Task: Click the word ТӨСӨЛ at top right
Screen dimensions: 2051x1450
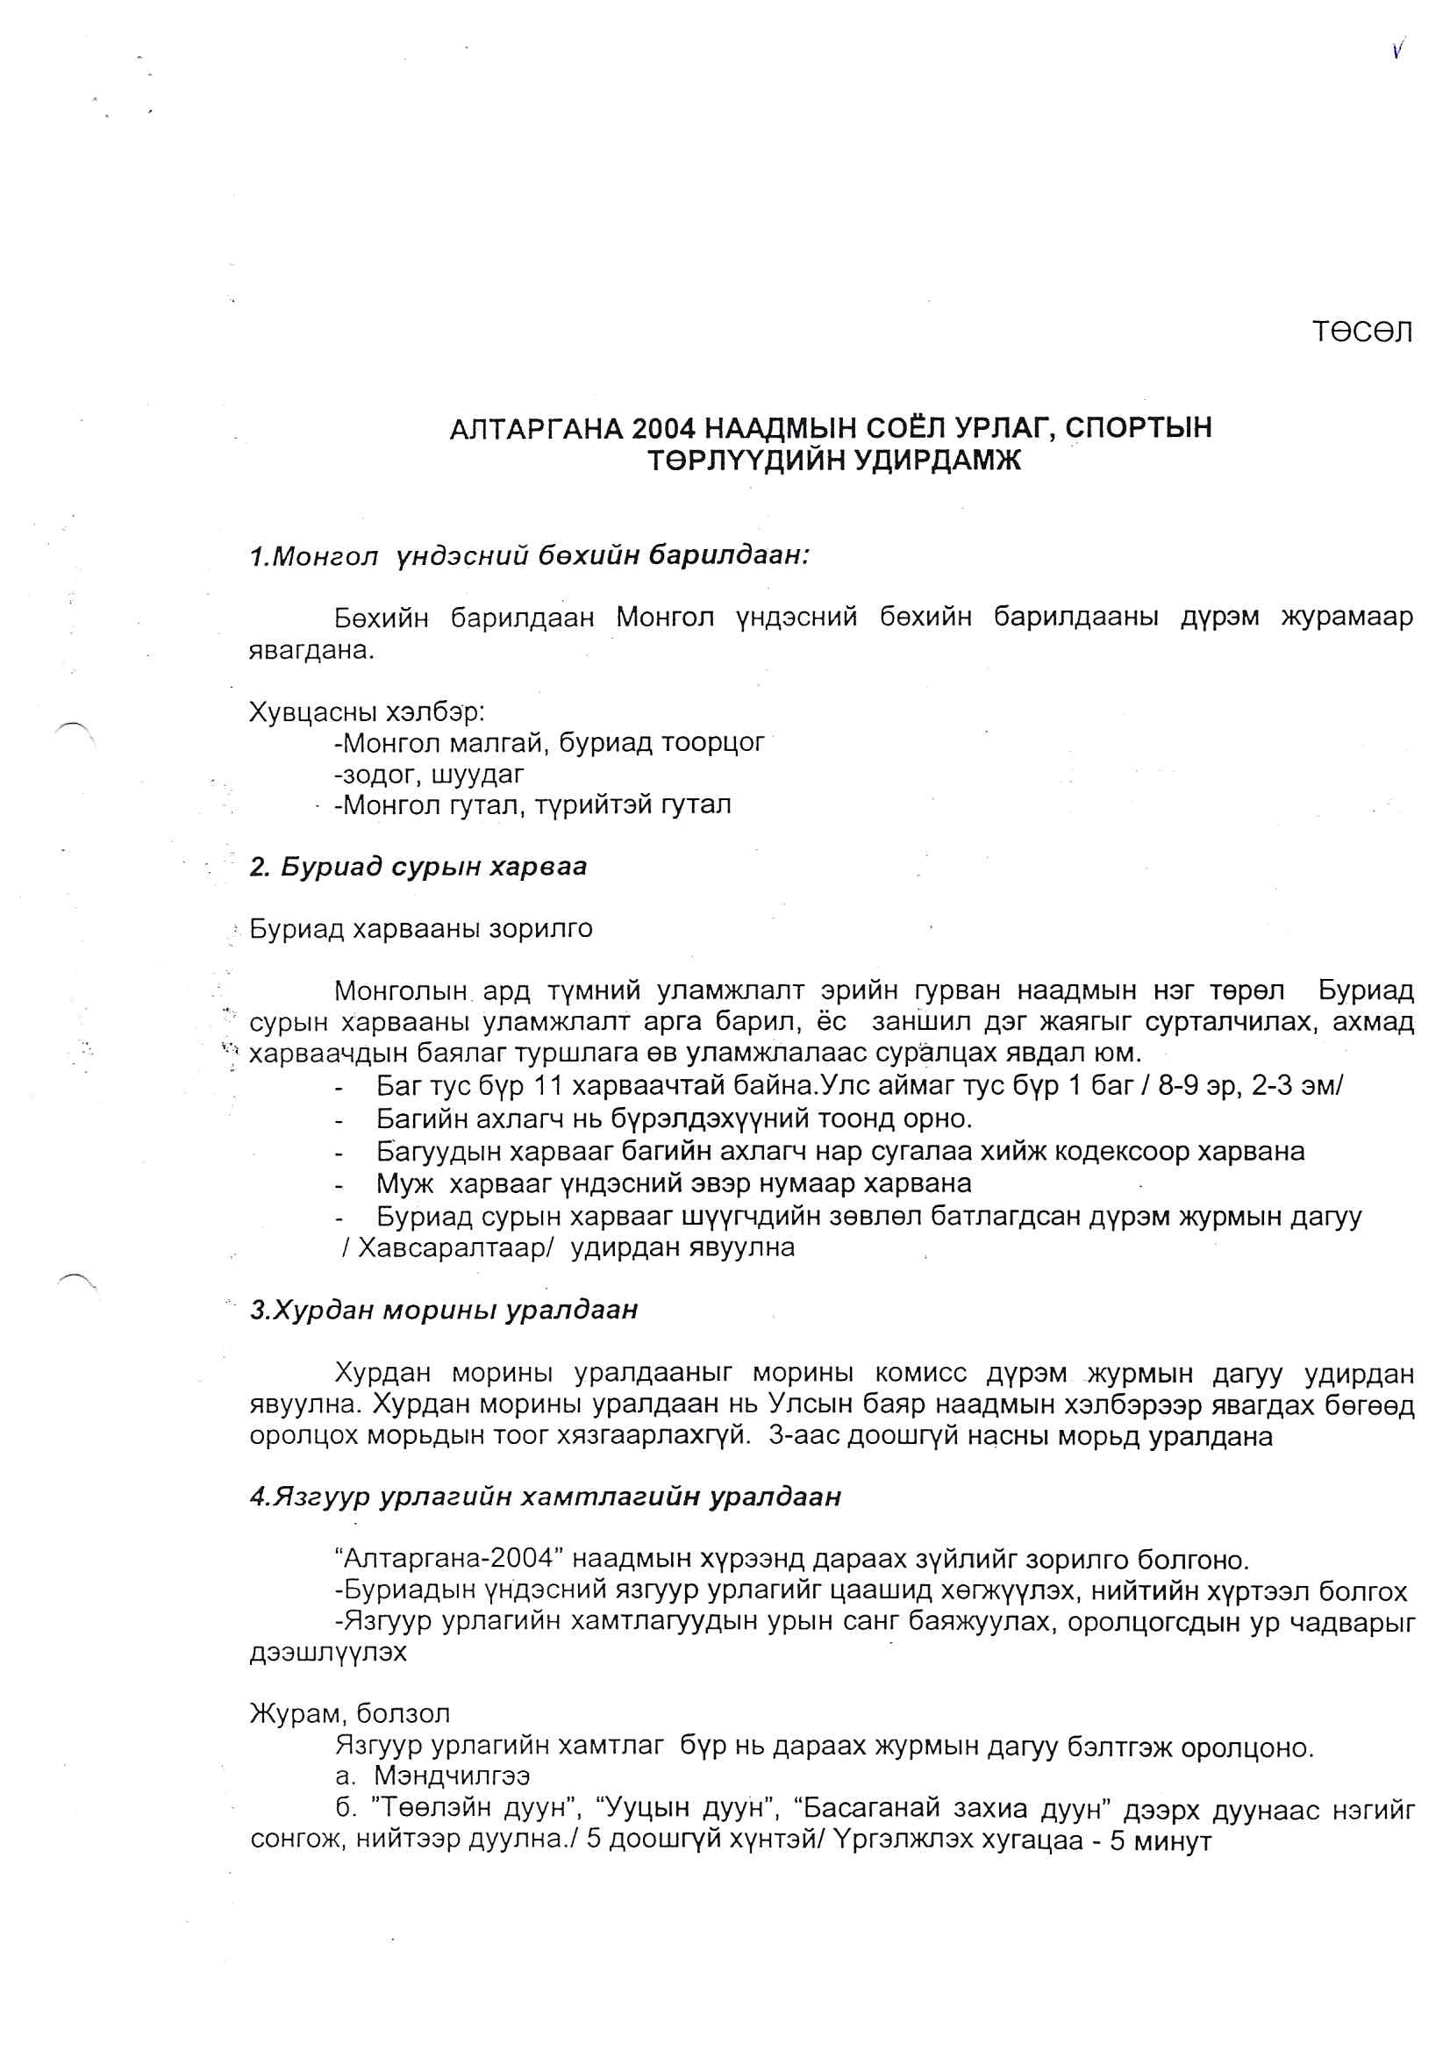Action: point(1361,332)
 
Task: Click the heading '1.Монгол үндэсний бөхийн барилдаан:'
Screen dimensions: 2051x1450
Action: point(529,556)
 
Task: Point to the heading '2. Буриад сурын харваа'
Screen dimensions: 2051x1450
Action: point(418,868)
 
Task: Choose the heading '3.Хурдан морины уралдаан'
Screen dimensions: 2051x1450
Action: point(444,1311)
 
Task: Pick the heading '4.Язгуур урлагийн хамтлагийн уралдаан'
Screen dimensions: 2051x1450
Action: point(545,1497)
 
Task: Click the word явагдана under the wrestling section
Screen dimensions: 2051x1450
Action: point(311,650)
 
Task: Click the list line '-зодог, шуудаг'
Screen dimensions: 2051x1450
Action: point(429,774)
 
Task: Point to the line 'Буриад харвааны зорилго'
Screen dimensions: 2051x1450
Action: point(421,929)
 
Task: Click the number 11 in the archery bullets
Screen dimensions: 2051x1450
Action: point(546,1086)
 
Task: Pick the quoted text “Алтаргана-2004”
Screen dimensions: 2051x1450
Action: point(446,1559)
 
